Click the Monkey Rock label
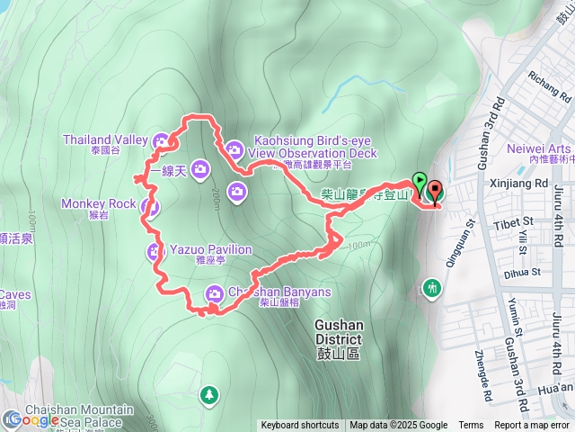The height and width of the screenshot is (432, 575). pos(98,203)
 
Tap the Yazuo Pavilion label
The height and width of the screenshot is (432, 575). pos(212,249)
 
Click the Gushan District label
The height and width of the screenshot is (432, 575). pos(338,333)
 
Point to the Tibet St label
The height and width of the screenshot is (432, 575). pos(518,221)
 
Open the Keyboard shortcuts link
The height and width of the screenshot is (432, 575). pos(300,426)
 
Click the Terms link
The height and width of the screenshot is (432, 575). pos(471,426)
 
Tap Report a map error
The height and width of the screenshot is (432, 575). pos(532,426)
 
